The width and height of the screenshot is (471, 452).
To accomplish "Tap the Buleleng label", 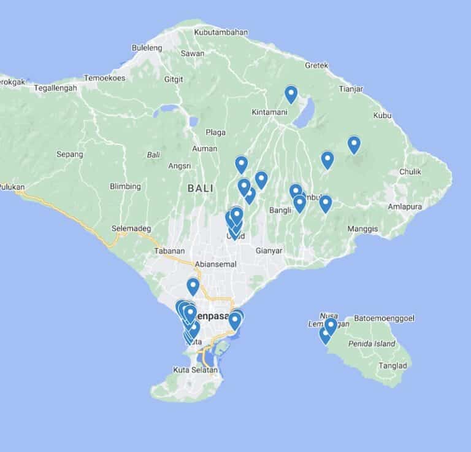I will [x=147, y=47].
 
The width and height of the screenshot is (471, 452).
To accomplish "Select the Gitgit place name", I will [x=174, y=79].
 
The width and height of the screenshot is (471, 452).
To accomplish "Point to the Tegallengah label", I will [x=56, y=88].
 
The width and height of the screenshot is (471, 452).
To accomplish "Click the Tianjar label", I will [x=351, y=89].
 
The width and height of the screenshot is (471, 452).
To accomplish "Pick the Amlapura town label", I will [x=405, y=207].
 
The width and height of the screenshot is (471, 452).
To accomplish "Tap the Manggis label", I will [x=362, y=229].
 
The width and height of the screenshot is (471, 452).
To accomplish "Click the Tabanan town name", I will [x=169, y=251].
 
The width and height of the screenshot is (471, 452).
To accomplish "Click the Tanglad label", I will [x=393, y=365].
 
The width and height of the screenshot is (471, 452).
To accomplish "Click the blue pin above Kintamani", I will [x=291, y=94].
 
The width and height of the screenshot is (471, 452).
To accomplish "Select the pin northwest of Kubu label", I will [x=354, y=144].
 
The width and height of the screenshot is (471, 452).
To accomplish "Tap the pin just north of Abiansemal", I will [x=193, y=286].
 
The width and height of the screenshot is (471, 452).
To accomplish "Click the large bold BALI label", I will [x=201, y=188].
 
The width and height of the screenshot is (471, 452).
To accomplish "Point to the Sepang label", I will [x=69, y=154].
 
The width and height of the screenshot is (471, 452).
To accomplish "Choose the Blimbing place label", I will [x=125, y=186].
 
